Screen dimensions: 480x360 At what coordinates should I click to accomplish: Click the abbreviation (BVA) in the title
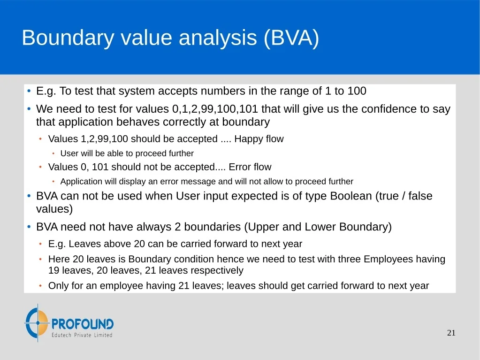click(291, 38)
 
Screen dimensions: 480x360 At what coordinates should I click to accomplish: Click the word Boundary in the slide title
click(68, 38)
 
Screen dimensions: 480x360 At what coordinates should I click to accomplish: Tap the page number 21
click(451, 333)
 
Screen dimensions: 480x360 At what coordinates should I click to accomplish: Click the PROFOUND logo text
click(83, 324)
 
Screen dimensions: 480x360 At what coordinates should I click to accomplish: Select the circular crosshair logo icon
click(37, 322)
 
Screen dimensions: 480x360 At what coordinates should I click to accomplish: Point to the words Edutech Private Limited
click(82, 335)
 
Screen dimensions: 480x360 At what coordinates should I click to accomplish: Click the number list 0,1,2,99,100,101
click(215, 109)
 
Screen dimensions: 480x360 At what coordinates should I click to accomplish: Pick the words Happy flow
click(259, 139)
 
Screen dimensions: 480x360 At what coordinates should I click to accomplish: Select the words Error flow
click(250, 167)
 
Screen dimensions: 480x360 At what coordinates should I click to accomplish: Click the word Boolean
click(351, 196)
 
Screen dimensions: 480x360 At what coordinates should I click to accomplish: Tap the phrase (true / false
click(404, 196)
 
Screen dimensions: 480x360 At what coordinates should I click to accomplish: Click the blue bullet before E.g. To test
click(29, 91)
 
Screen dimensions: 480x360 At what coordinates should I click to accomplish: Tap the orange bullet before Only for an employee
click(40, 286)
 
